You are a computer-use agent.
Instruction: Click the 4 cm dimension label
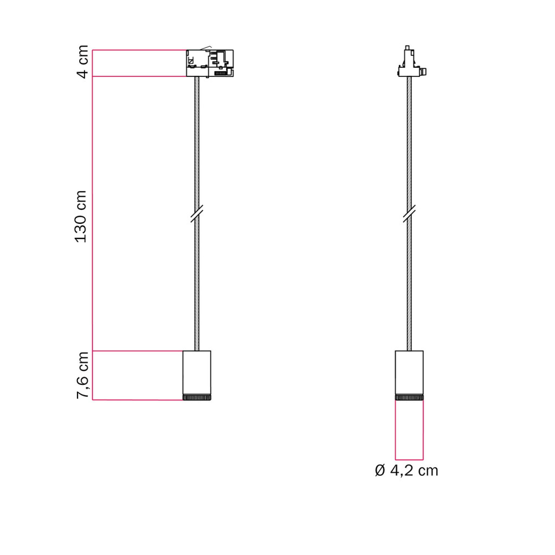[82, 62]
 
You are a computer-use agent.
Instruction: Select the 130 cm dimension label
[81, 217]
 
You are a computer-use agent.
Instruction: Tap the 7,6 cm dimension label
[82, 375]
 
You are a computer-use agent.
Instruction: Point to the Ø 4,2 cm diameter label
[406, 470]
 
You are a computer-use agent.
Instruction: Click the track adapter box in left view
[210, 63]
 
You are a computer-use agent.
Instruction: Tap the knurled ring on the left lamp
[197, 397]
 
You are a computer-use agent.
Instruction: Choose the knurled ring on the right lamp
[409, 397]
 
